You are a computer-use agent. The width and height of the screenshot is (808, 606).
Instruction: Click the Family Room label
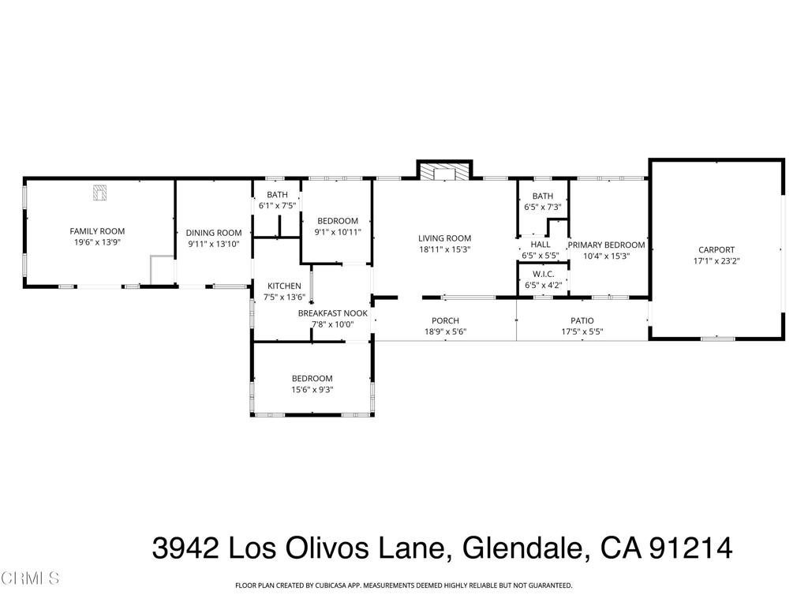(x=97, y=231)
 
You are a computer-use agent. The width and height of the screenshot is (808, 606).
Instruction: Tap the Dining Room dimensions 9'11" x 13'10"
(x=213, y=245)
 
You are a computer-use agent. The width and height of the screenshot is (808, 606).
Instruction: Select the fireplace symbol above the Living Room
(x=444, y=172)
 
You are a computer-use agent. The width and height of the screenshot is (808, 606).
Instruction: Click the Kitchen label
(x=284, y=286)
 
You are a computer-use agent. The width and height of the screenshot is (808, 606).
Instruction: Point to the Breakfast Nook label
(x=332, y=312)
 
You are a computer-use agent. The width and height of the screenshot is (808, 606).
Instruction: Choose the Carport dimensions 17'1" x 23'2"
(x=716, y=260)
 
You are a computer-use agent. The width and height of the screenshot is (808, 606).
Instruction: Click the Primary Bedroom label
(x=606, y=245)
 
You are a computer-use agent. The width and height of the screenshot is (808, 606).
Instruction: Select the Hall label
(x=541, y=245)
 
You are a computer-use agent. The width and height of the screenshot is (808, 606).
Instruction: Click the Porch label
(x=445, y=320)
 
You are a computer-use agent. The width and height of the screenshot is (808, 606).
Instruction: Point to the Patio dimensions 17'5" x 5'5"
(x=582, y=332)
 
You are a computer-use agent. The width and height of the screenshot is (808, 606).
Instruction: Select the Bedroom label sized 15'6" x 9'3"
(x=312, y=378)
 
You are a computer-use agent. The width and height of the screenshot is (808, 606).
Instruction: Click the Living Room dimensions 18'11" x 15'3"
(x=444, y=250)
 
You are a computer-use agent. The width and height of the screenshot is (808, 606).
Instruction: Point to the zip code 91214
(x=690, y=548)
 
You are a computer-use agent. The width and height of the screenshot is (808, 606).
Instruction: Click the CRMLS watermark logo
(x=30, y=578)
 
